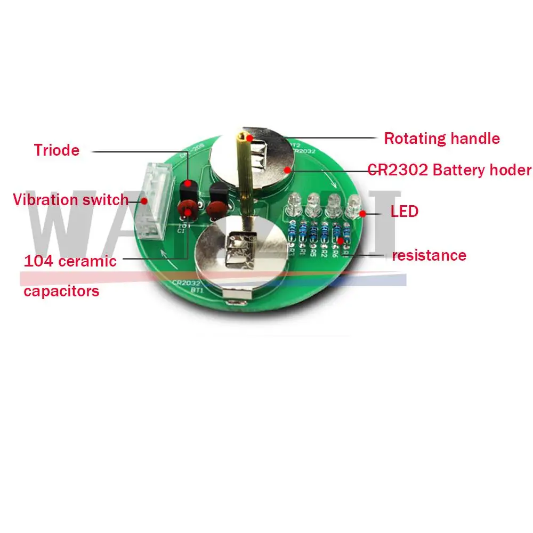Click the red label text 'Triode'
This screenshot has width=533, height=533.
[56, 150]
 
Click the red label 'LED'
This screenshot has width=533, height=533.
[404, 212]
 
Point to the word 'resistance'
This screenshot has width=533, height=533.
[429, 255]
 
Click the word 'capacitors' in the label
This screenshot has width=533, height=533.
[61, 291]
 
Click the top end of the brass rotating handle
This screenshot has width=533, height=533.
[243, 137]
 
